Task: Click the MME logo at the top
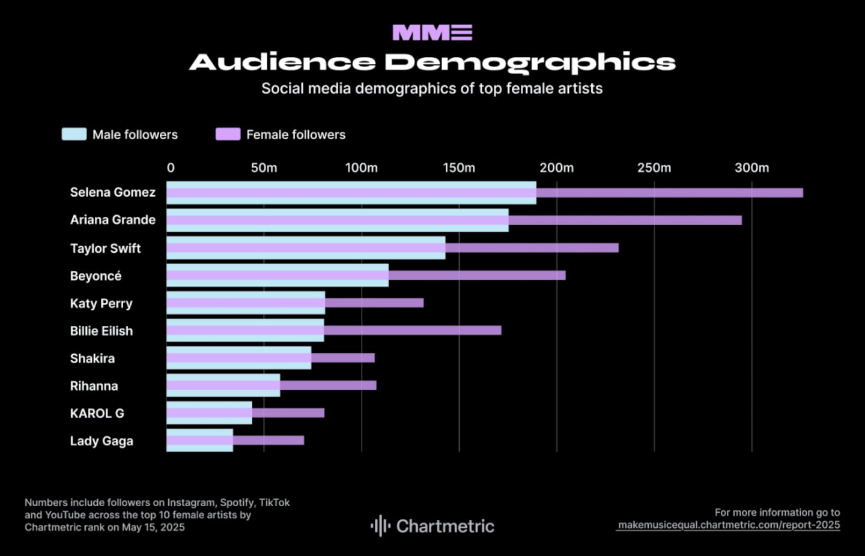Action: [432, 32]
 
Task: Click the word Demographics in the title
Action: [530, 62]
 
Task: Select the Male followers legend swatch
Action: [74, 134]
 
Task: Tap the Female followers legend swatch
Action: [228, 134]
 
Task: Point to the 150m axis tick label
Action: [459, 168]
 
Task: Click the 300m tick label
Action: [751, 168]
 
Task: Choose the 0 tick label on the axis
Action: [171, 168]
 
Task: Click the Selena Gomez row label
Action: [112, 192]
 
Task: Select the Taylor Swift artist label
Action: [105, 248]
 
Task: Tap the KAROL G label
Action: [97, 413]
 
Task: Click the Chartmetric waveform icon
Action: [380, 526]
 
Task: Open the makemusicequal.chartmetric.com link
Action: [729, 525]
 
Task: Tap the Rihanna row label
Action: [94, 385]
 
